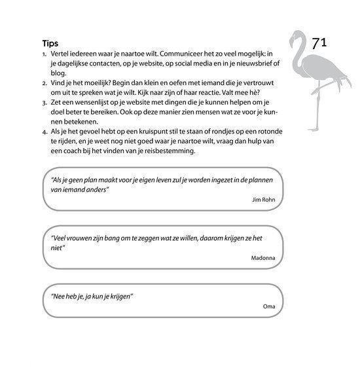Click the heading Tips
(x=50, y=43)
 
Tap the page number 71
(x=319, y=44)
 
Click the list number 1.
(x=44, y=54)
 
